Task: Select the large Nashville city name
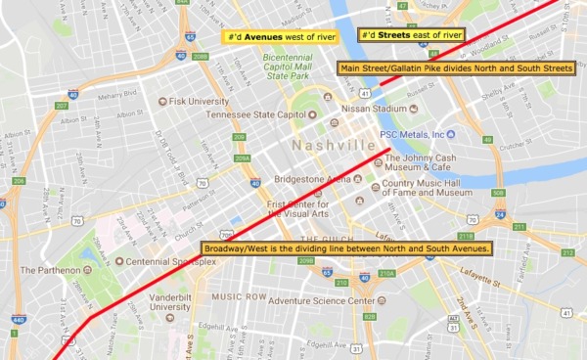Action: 333,146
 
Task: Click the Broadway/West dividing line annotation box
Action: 345,248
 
